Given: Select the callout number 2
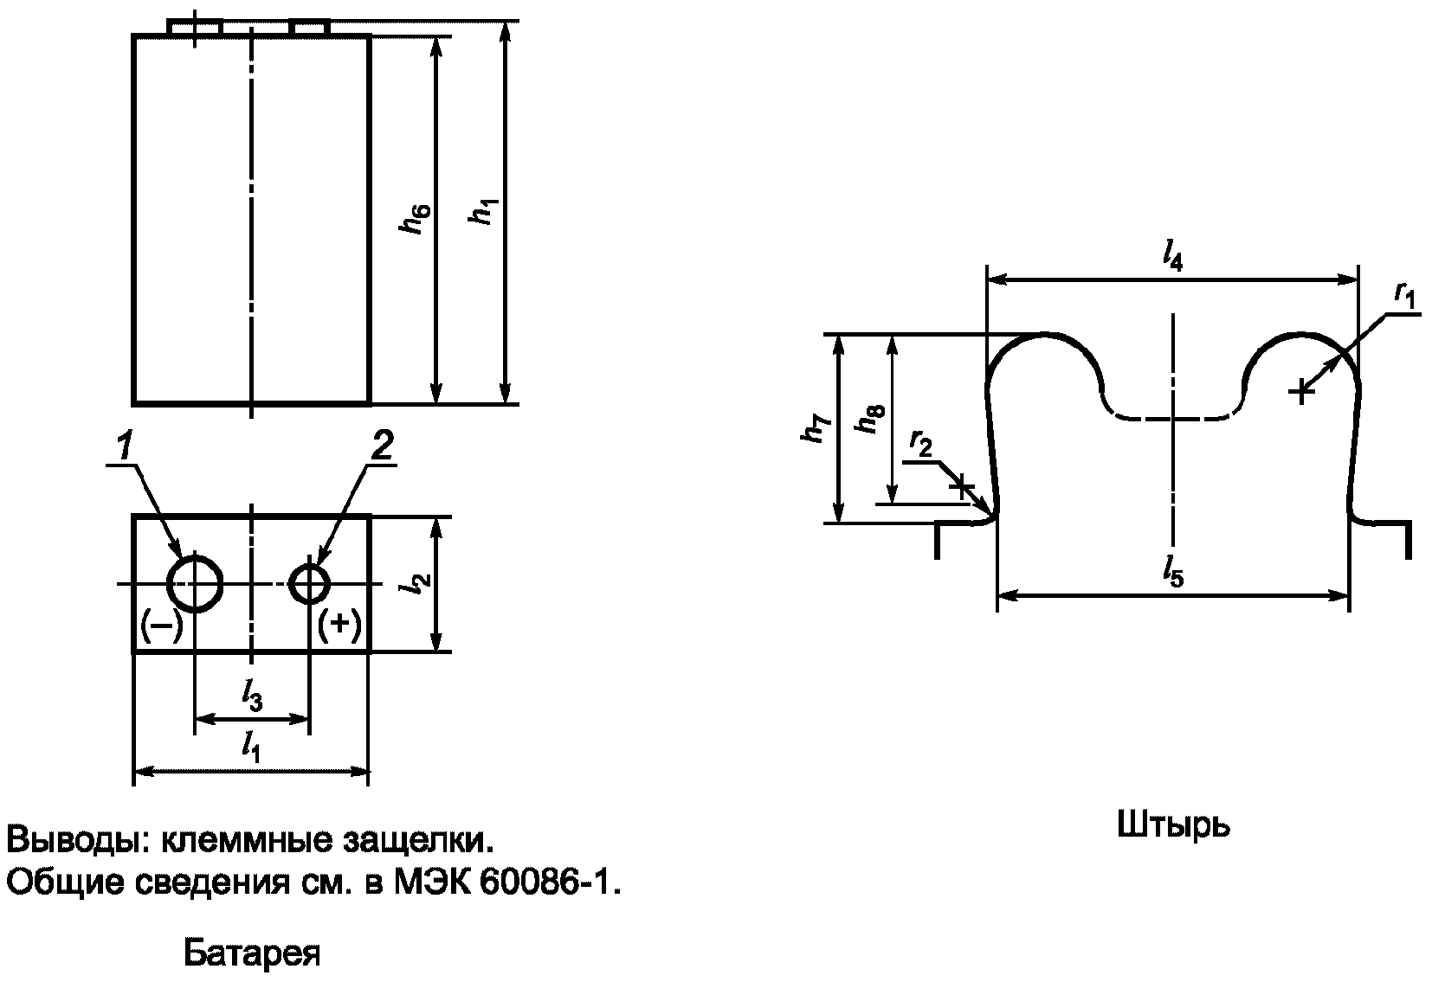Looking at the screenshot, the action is [383, 445].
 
